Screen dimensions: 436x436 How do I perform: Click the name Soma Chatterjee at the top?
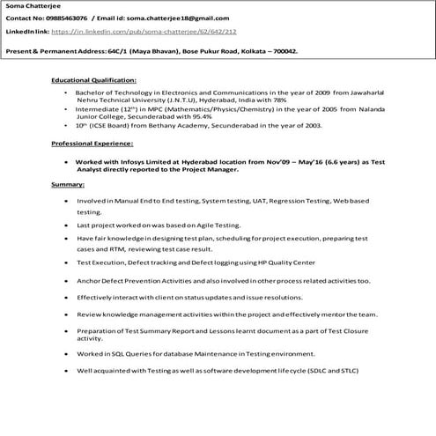point(28,6)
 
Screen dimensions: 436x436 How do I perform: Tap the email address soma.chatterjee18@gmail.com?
point(185,18)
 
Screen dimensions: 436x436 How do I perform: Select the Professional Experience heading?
point(92,143)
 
